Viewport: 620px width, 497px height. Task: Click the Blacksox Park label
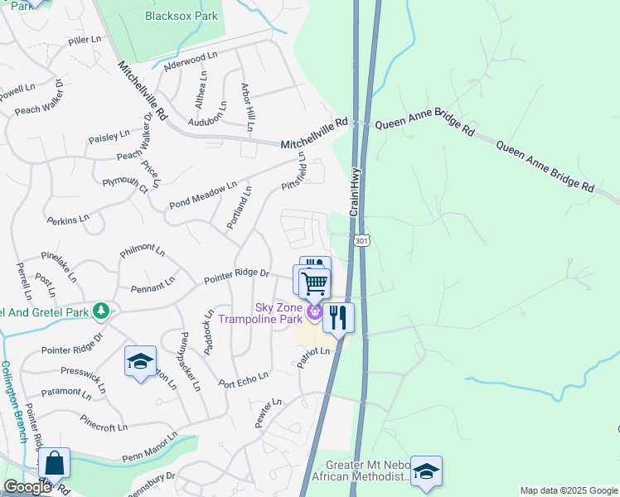point(181,16)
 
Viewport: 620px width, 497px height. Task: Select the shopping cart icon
point(314,283)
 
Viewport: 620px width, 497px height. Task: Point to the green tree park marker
point(101,311)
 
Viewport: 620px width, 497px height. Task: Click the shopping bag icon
point(54,464)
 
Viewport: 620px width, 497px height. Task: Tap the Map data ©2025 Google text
point(568,490)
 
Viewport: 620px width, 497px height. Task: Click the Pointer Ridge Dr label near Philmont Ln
point(237,273)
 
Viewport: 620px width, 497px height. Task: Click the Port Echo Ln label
point(244,379)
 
